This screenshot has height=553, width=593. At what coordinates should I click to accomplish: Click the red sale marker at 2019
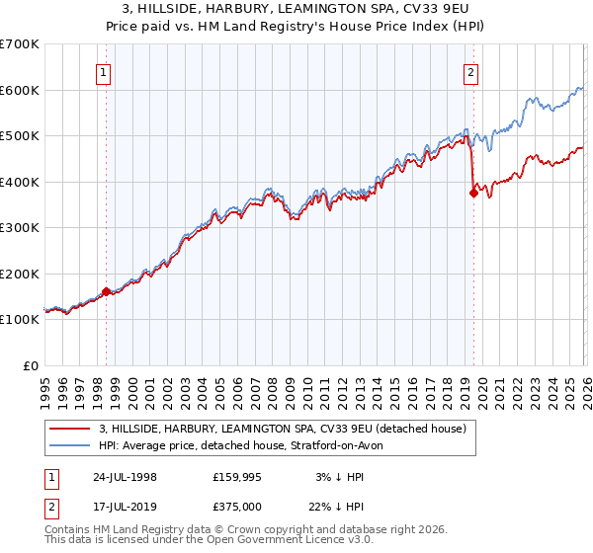click(473, 194)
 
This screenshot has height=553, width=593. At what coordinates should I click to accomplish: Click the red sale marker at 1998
click(107, 291)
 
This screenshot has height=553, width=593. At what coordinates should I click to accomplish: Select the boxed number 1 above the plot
click(104, 71)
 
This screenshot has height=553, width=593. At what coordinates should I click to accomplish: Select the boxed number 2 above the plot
click(470, 71)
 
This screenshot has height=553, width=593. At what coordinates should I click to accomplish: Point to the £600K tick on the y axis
click(20, 90)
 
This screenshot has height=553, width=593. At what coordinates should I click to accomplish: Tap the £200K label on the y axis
click(20, 274)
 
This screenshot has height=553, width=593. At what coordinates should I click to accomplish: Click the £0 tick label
click(32, 365)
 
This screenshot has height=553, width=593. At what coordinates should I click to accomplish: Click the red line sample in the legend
click(70, 429)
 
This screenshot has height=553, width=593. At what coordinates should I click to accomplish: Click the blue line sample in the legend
click(70, 445)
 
